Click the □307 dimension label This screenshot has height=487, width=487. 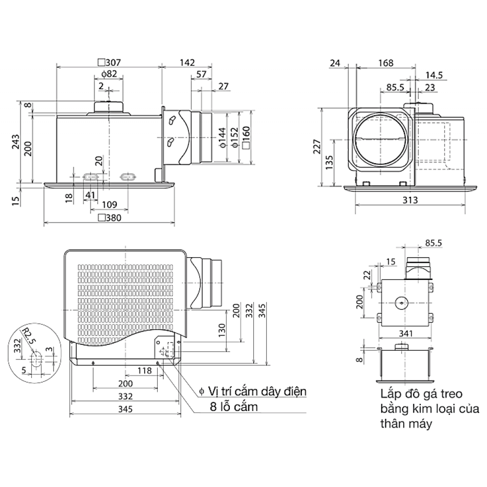[109, 62]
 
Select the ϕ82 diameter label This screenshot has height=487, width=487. [109, 74]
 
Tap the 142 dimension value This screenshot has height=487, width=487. [187, 62]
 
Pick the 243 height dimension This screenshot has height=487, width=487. [16, 143]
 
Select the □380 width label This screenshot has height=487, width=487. [109, 217]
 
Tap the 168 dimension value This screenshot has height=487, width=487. [385, 62]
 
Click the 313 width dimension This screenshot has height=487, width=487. [411, 200]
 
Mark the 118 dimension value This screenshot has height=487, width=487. [144, 371]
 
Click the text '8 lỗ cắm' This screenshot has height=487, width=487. [234, 407]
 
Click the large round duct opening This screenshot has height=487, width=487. [379, 139]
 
